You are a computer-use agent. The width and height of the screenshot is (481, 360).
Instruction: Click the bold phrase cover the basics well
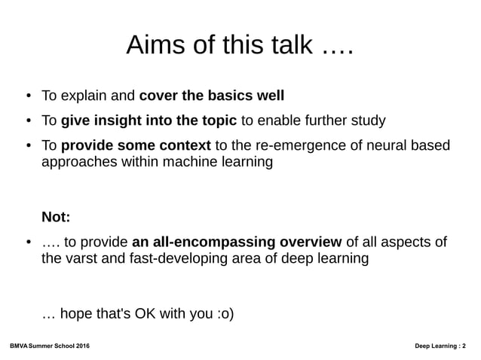pyautogui.click(x=212, y=96)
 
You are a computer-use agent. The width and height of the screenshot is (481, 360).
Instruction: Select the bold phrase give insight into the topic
pyautogui.click(x=149, y=121)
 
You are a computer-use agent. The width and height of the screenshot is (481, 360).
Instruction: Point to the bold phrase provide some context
pyautogui.click(x=136, y=145)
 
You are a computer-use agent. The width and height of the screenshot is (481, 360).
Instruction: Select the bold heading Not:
pyautogui.click(x=56, y=218)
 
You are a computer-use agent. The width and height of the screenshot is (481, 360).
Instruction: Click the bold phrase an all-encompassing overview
pyautogui.click(x=236, y=243)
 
